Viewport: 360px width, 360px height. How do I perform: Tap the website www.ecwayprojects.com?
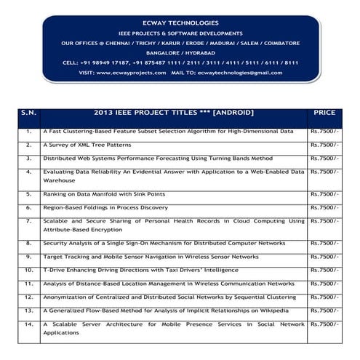pyautogui.click(x=128, y=73)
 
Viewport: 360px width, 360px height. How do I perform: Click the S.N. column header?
pyautogui.click(x=28, y=113)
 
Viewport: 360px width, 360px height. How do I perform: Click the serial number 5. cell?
pyautogui.click(x=28, y=194)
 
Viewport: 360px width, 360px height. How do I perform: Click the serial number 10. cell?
pyautogui.click(x=28, y=269)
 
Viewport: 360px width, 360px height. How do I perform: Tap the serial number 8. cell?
pyautogui.click(x=28, y=244)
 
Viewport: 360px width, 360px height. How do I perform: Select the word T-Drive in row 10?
pyautogui.click(x=52, y=269)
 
